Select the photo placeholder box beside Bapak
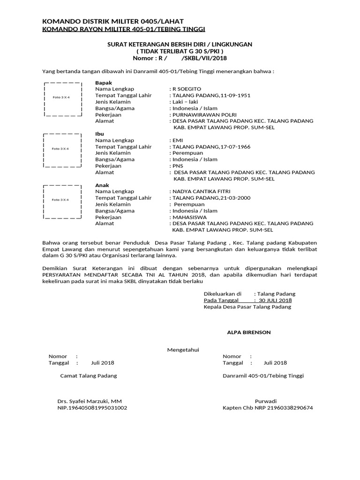(x=63, y=98)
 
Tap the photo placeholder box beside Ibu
(x=63, y=149)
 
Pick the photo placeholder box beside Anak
(x=63, y=200)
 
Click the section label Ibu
(x=99, y=134)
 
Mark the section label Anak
(x=102, y=185)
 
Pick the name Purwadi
(x=266, y=401)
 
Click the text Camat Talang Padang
(x=89, y=375)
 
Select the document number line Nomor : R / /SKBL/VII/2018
(x=180, y=58)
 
